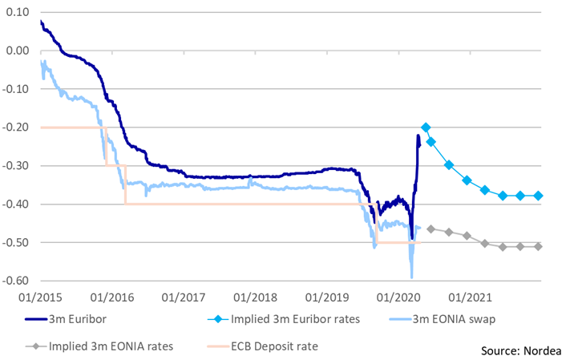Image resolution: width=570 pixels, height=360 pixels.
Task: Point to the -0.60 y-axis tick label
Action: pyautogui.click(x=16, y=281)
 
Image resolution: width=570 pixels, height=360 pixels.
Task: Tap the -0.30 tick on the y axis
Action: pyautogui.click(x=16, y=166)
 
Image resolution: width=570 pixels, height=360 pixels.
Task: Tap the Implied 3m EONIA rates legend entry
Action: pyautogui.click(x=104, y=347)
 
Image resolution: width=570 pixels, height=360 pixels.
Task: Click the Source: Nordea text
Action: pyautogui.click(x=520, y=350)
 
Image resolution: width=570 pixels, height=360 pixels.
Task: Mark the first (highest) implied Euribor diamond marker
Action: pyautogui.click(x=426, y=127)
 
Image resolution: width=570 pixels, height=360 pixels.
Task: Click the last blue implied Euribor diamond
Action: pyautogui.click(x=539, y=196)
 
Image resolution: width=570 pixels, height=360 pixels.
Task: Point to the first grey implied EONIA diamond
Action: pyautogui.click(x=431, y=229)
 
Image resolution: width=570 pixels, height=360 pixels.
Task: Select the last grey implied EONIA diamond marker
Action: pyautogui.click(x=539, y=246)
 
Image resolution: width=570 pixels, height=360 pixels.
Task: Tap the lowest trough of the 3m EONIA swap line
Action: pyautogui.click(x=411, y=277)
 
